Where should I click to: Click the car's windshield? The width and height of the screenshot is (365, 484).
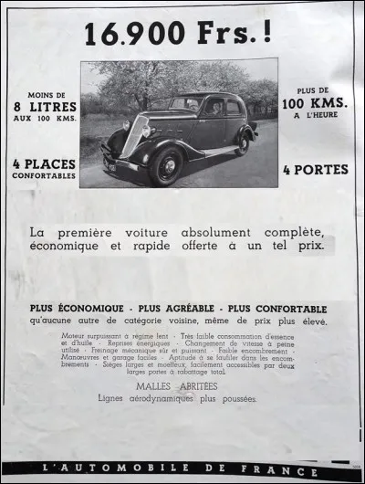click(x=185, y=104)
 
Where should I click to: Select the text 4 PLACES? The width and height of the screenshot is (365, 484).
click(x=43, y=165)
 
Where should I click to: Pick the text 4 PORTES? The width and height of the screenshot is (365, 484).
click(x=318, y=169)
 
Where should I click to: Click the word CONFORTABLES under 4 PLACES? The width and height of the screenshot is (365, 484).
click(x=43, y=177)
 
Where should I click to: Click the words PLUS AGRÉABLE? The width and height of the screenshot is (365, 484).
click(x=177, y=309)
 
